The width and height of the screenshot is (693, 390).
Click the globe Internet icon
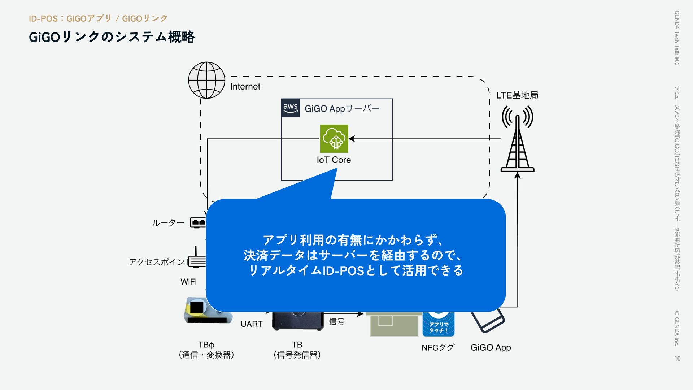[x=206, y=80]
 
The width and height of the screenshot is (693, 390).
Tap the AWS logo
[x=290, y=108]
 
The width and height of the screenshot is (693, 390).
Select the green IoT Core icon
[x=334, y=139]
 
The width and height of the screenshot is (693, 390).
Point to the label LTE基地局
[x=517, y=95]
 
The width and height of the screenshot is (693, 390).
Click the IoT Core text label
[x=334, y=160]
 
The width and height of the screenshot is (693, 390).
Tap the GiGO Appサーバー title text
[x=342, y=109]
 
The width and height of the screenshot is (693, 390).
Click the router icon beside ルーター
[x=198, y=222]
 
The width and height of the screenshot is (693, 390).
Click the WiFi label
[x=188, y=282]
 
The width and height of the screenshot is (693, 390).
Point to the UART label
[x=251, y=324]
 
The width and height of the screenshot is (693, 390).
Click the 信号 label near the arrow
[x=336, y=321]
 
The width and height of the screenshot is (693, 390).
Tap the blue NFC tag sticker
[x=438, y=324]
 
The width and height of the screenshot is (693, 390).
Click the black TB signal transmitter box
[x=297, y=321]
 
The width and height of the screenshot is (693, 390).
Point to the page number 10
[x=677, y=358]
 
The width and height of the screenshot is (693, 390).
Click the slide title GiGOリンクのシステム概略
[x=112, y=37]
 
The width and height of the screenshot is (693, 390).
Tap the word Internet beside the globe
[x=245, y=87]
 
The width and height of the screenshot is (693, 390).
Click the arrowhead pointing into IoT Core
[x=352, y=139]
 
